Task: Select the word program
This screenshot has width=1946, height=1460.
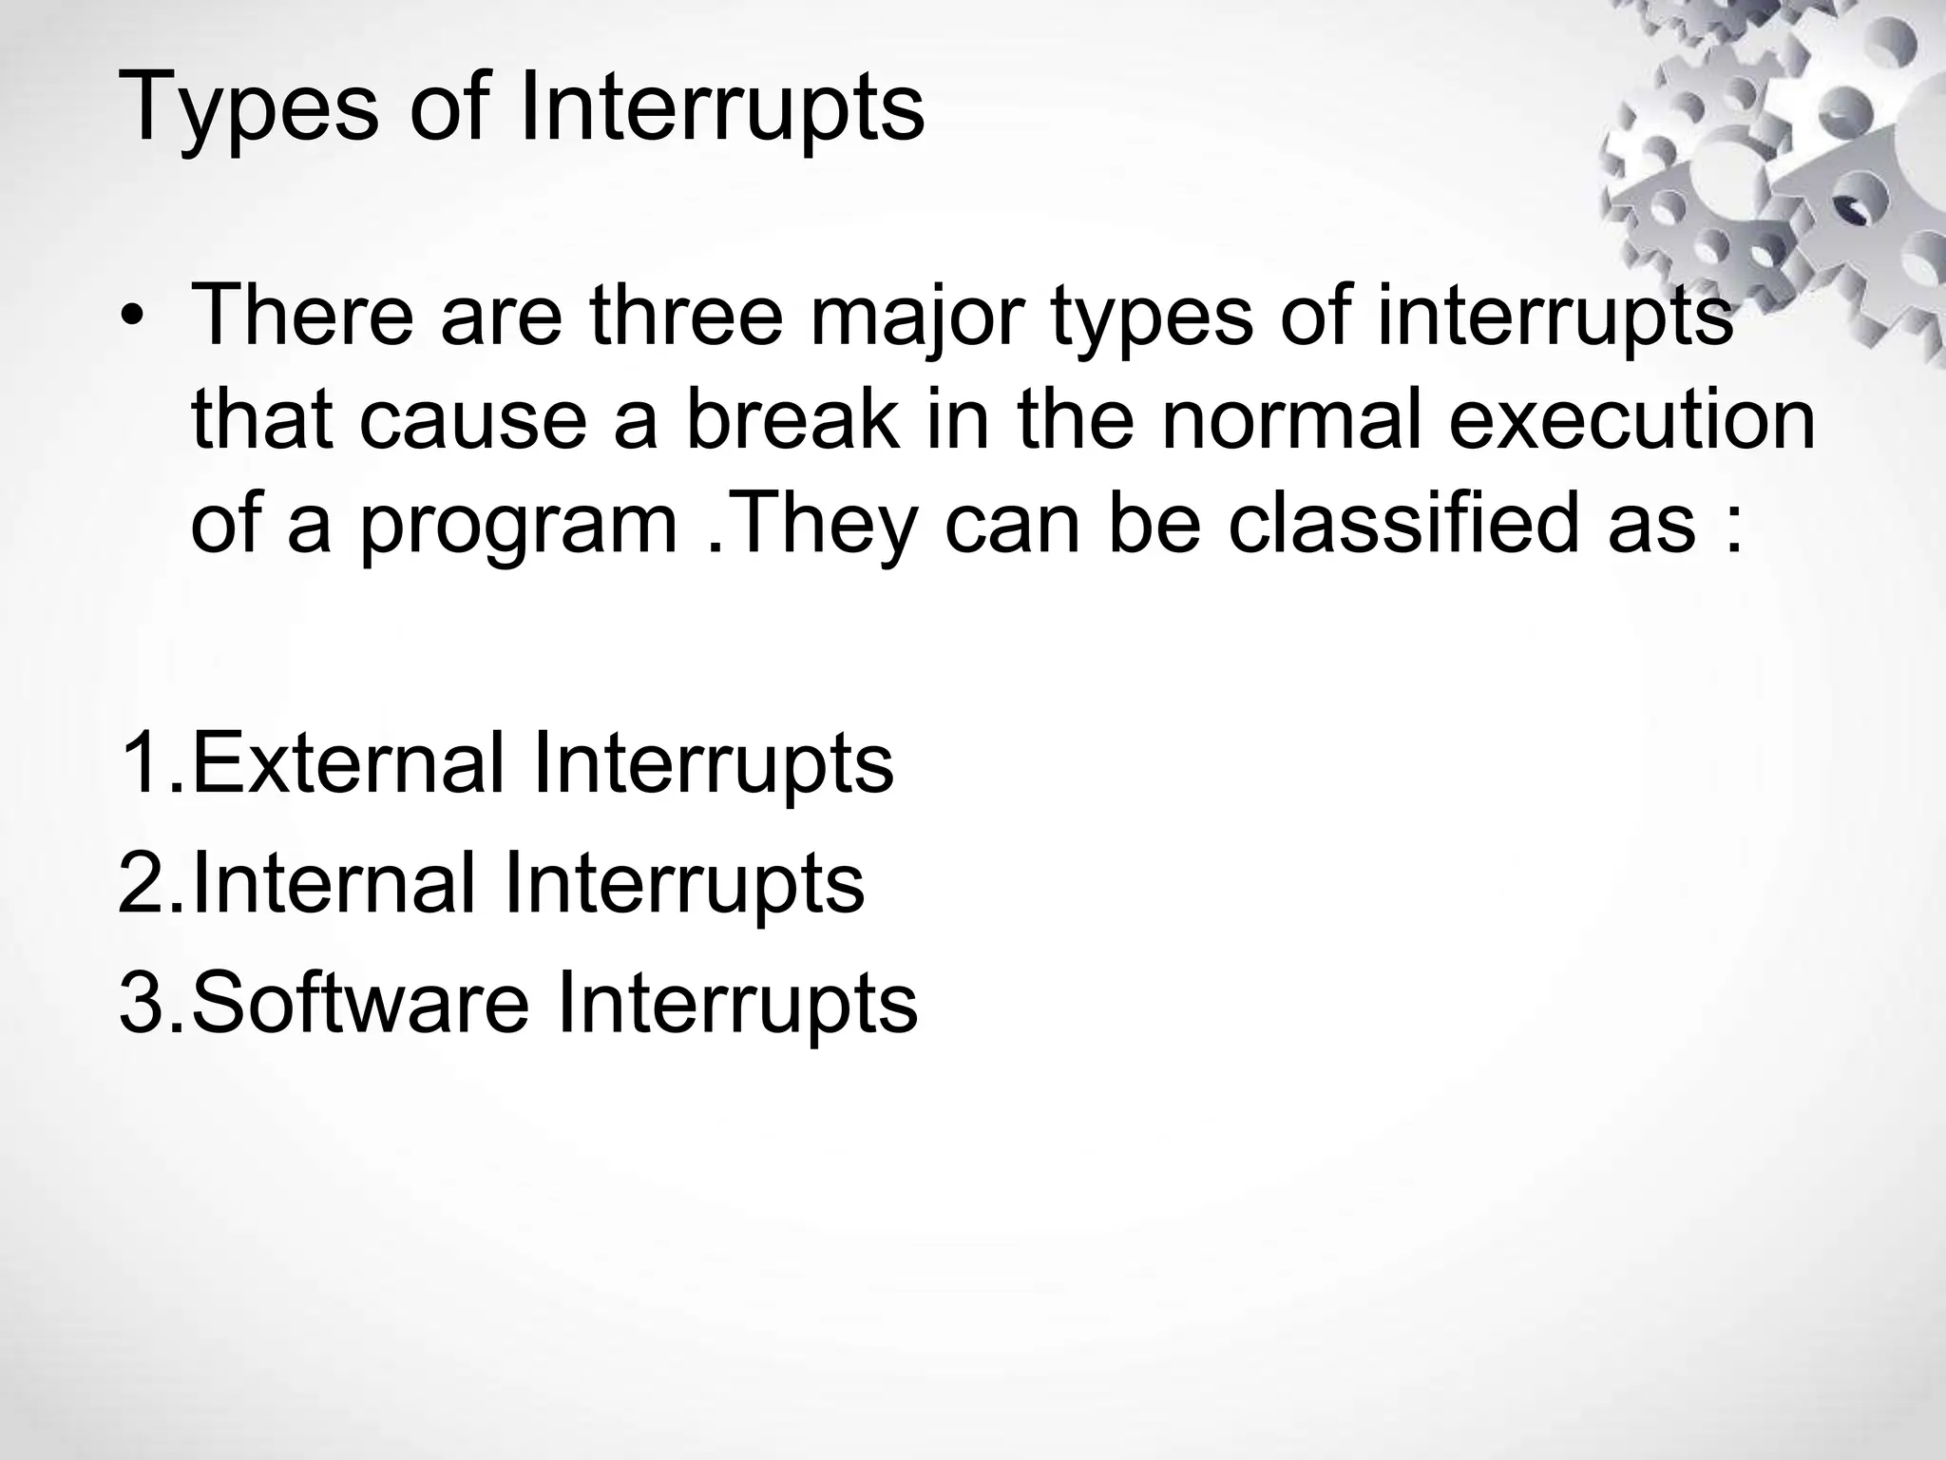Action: click(519, 525)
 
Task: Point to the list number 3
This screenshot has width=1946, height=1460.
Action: click(143, 1002)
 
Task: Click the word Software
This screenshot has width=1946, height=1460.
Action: click(360, 1002)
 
